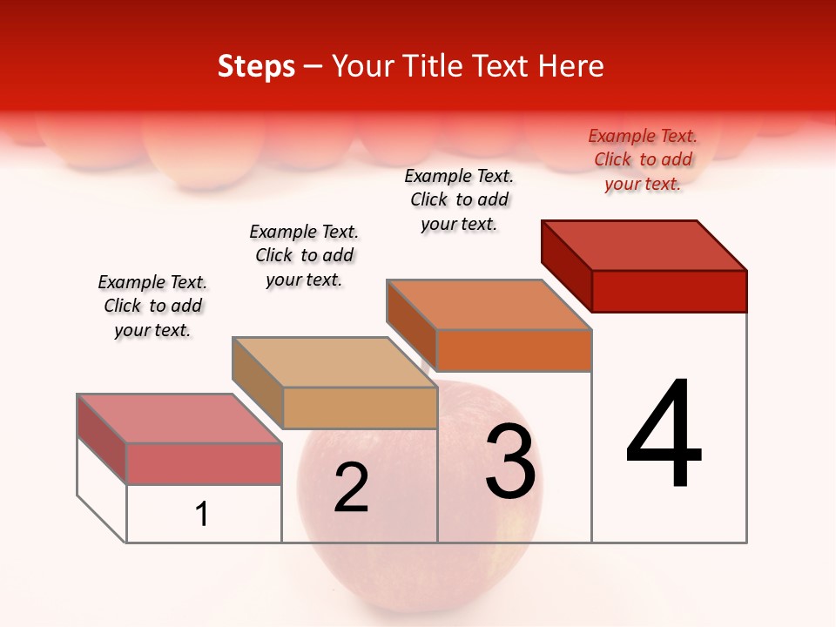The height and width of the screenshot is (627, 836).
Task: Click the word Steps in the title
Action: tap(256, 66)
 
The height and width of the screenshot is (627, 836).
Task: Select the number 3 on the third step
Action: tap(510, 462)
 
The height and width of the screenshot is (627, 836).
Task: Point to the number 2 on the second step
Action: tap(351, 488)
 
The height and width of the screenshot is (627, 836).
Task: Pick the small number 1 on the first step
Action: tap(202, 514)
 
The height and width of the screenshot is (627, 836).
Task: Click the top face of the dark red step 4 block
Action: tap(644, 245)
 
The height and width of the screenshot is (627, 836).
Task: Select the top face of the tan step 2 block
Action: tap(334, 361)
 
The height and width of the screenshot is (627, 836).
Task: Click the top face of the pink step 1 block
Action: tap(179, 418)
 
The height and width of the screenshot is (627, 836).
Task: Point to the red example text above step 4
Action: tap(643, 159)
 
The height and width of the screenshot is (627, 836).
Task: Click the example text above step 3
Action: tap(459, 199)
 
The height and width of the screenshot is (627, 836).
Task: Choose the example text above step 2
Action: tap(304, 255)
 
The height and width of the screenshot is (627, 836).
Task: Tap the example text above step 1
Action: tap(152, 306)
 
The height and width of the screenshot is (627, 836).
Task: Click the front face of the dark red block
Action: tap(669, 291)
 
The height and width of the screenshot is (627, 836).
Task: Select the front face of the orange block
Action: tap(514, 350)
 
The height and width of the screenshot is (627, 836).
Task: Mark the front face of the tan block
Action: tap(360, 408)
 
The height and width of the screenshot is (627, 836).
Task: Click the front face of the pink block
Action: tap(204, 463)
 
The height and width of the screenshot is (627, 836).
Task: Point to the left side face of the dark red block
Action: tap(566, 265)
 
